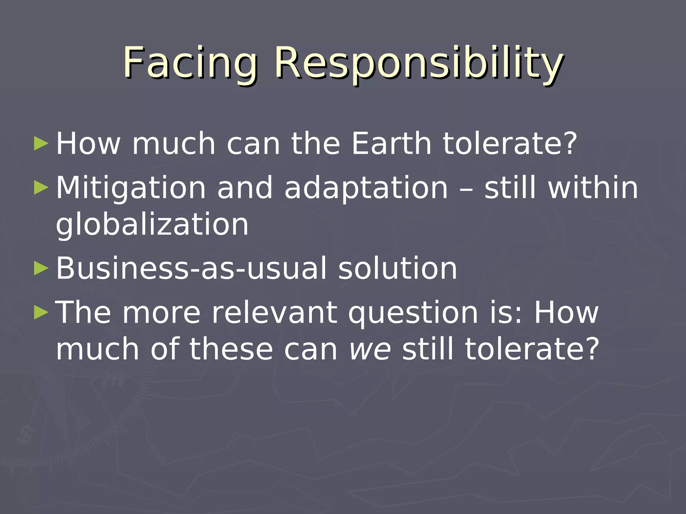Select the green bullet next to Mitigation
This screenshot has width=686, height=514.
41,187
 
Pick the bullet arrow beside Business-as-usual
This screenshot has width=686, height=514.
41,268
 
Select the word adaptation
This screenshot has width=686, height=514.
366,188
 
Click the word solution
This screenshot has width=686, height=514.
397,268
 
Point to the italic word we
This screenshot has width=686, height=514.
370,349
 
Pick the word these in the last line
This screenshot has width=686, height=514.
231,349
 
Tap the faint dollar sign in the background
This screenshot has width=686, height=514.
24,435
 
